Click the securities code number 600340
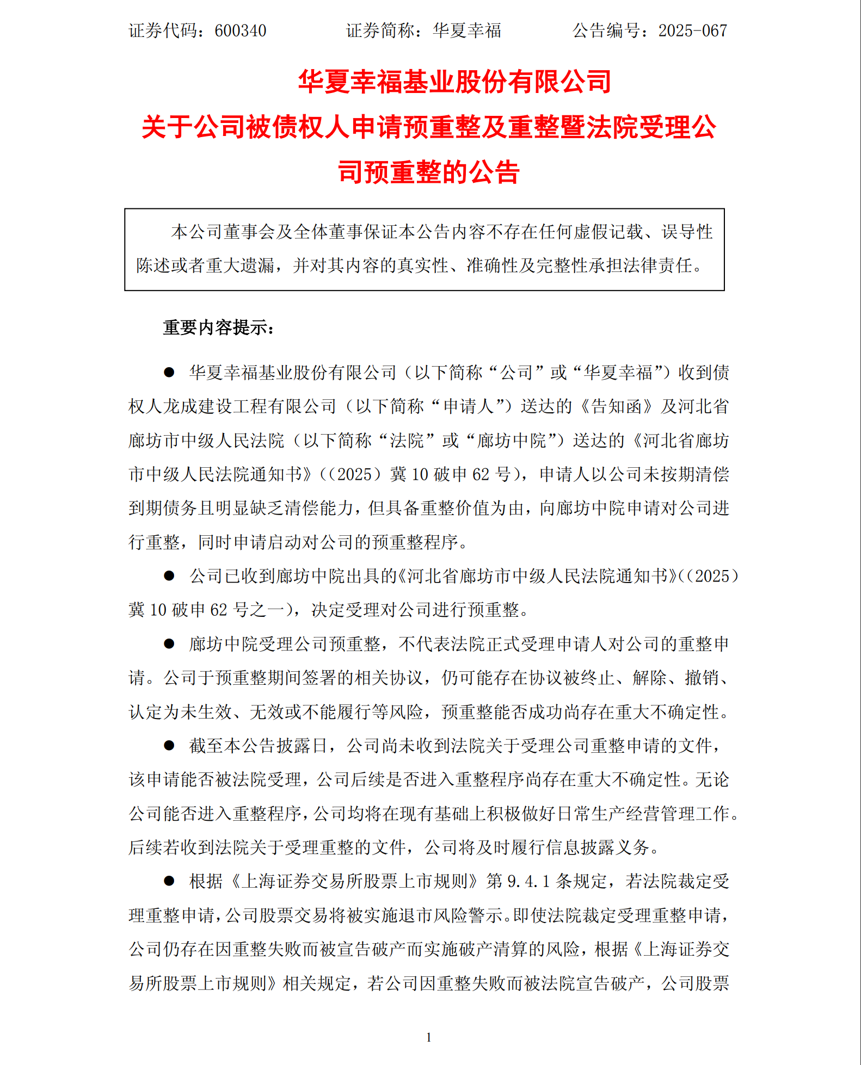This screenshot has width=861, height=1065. coord(240,30)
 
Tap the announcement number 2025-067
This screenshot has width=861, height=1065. coord(692,30)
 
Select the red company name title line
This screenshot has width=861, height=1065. coord(454,82)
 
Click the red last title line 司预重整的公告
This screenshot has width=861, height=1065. coord(428,172)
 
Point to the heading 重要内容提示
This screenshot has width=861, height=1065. coord(218,327)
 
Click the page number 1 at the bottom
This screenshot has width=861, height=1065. coord(429,1037)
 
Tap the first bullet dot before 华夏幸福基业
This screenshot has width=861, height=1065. coord(169,373)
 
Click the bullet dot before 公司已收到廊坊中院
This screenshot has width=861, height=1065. coord(169,575)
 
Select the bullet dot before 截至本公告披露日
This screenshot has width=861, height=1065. coord(169,745)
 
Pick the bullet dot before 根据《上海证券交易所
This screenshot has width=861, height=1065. coord(169,881)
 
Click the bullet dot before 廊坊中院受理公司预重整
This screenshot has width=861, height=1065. coord(169,643)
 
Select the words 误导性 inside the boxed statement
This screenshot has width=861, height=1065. coord(687,232)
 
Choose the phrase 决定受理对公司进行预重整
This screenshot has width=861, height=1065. coord(415,610)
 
